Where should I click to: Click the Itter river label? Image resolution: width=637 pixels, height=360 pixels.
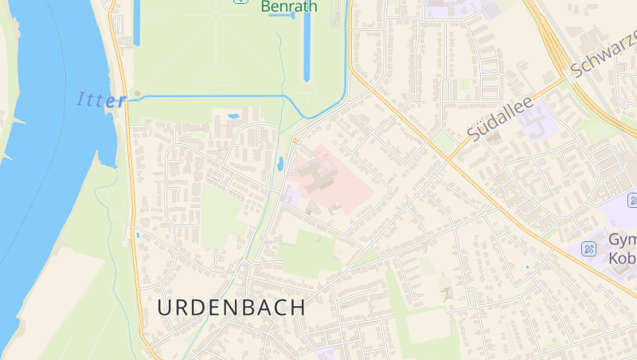[x=101, y=100]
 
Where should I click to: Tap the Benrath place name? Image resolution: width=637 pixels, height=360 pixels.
[x=288, y=7]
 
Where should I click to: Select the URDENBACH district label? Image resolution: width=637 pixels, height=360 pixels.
[x=231, y=307]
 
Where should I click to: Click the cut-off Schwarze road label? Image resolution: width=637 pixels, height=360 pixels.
[x=604, y=54]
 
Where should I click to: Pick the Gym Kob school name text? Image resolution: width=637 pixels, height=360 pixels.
[x=622, y=248]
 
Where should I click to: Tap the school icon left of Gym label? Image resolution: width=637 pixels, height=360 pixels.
[x=589, y=249]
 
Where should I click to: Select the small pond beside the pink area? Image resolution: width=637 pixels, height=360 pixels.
[x=280, y=164]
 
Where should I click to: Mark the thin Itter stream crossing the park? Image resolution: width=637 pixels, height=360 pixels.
[x=207, y=96]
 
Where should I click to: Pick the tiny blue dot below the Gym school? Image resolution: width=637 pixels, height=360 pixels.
[x=527, y=267]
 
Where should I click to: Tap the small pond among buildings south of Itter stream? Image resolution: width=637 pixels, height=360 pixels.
[x=233, y=116]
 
